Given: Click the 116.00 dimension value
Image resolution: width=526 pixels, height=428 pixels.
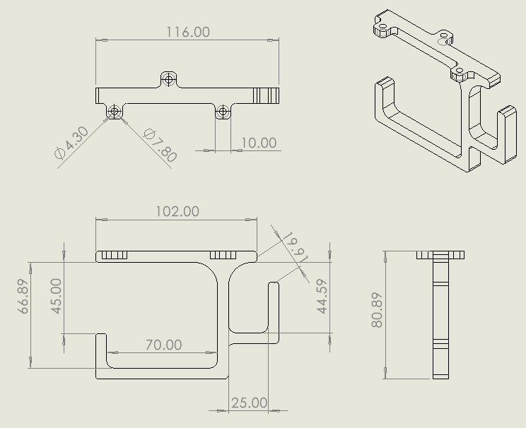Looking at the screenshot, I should pos(188,32).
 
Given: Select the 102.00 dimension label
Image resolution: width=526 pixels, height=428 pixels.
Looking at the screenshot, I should pos(177,211).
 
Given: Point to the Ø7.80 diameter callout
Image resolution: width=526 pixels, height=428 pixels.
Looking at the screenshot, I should pos(160,145).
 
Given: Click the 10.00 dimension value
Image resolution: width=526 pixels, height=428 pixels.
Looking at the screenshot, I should pos(259,143).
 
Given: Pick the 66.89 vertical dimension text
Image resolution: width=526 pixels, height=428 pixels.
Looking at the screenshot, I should pos(23,296).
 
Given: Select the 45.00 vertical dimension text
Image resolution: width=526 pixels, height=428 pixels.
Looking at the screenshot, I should pos(56,295).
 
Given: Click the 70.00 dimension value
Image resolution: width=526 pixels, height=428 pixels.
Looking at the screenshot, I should pos(163,345).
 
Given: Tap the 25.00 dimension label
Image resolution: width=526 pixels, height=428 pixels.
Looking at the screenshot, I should pos(249,403).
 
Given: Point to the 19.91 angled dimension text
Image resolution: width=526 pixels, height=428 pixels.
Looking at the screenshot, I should pos(296,247).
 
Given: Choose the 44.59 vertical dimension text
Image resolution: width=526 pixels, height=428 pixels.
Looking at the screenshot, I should pos(322,297).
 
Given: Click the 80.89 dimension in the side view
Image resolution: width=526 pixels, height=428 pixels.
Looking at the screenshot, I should pos(377,310).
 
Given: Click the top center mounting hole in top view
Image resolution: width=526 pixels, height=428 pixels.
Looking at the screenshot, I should pos(168,79).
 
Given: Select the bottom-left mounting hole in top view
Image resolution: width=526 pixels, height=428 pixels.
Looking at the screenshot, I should pos(113,111).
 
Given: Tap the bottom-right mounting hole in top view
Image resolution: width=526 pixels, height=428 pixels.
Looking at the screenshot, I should pos(223,111).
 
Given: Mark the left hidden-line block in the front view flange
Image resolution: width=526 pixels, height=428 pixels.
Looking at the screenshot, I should pos(113,256).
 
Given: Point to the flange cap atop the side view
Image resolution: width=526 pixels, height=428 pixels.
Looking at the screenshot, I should pos(440,255).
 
